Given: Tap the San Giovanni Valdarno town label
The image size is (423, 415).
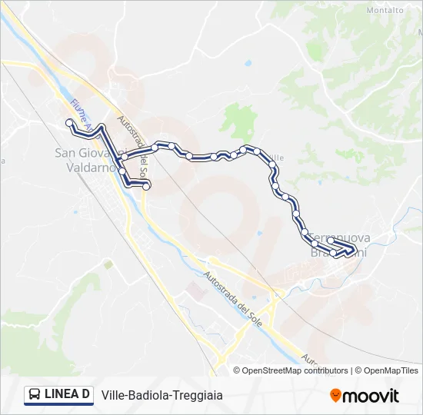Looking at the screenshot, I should (x=87, y=160).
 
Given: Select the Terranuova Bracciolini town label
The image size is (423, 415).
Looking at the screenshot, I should (x=338, y=245).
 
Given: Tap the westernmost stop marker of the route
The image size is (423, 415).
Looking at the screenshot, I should (x=69, y=122).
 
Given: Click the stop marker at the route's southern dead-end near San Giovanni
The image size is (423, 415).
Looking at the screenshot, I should (x=146, y=185).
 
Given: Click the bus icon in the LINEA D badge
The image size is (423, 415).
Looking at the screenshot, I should (x=35, y=395).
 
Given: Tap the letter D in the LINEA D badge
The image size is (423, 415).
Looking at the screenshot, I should (x=85, y=395).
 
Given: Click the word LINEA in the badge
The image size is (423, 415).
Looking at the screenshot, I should (x=62, y=395).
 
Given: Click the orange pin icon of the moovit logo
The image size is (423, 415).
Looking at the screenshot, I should (x=335, y=396).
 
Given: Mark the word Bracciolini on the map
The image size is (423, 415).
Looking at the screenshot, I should (x=339, y=252).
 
